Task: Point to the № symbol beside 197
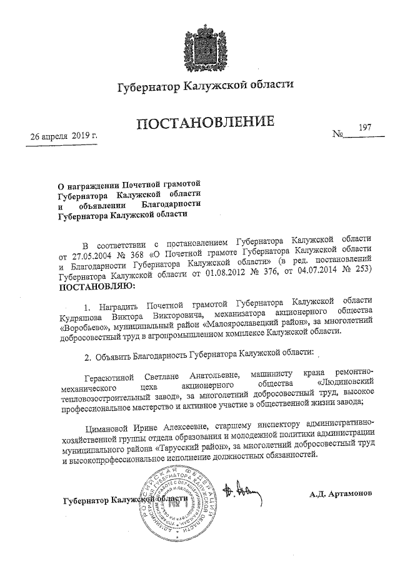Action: click(x=341, y=134)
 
